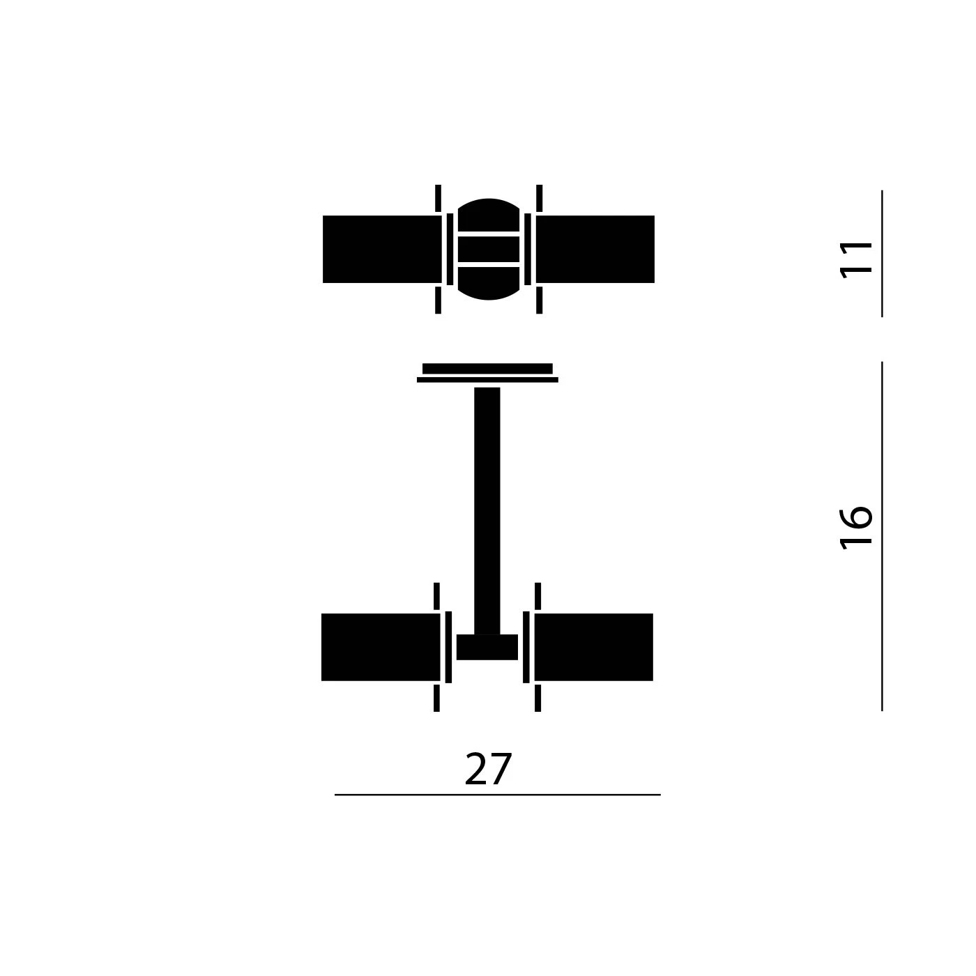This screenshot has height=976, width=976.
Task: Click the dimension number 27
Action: tap(488, 770)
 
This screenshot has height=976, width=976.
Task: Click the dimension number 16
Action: tap(857, 527)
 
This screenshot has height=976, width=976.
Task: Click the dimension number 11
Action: tap(857, 259)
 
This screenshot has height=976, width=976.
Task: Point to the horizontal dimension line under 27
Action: tap(497, 795)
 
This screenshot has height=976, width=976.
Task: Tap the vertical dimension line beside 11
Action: tap(882, 253)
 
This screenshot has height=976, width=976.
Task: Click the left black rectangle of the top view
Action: tap(382, 249)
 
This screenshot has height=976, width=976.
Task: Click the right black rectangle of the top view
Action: tap(595, 249)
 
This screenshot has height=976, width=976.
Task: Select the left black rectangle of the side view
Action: tap(381, 647)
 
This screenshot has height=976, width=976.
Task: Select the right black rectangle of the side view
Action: tap(593, 647)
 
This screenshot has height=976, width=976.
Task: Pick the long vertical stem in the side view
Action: tap(487, 509)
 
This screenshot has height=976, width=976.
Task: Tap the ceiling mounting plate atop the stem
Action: tap(487, 369)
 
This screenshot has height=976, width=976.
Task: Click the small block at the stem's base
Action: tap(487, 648)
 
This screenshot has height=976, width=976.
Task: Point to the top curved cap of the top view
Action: tap(489, 215)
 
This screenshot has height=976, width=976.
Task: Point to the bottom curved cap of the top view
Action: tap(489, 284)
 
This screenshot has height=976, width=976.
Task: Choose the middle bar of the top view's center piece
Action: tap(489, 249)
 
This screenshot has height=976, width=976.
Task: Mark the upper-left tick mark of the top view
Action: tap(438, 198)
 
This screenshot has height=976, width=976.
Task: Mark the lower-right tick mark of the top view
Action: tap(539, 300)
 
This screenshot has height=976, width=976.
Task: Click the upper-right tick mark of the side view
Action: tap(537, 595)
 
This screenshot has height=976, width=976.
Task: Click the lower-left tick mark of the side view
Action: tap(436, 698)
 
